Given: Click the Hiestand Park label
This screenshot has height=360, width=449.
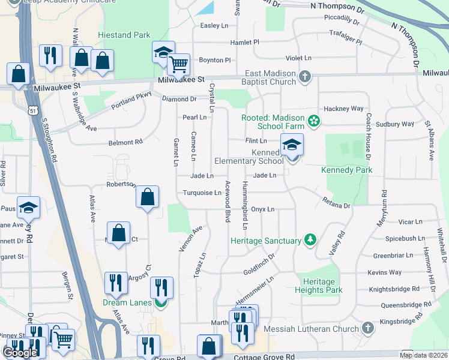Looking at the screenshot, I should pyautogui.click(x=124, y=35).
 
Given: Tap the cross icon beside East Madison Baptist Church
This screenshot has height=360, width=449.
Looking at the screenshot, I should pyautogui.click(x=305, y=76).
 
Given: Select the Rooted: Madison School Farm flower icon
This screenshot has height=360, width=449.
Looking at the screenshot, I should pyautogui.click(x=313, y=121).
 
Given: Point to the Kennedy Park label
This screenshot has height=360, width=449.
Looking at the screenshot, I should pyautogui.click(x=346, y=170).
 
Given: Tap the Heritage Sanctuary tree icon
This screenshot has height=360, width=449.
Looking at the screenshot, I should pyautogui.click(x=310, y=241).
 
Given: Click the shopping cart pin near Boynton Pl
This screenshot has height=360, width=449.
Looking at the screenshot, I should pyautogui.click(x=179, y=64).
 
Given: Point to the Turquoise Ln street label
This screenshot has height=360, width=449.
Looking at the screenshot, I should pyautogui.click(x=202, y=193).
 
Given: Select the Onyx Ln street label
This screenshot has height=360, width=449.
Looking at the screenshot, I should pyautogui.click(x=262, y=209).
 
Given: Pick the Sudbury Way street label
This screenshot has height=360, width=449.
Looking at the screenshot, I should pyautogui.click(x=394, y=124).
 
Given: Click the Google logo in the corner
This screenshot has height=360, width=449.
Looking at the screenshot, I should pyautogui.click(x=20, y=353).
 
